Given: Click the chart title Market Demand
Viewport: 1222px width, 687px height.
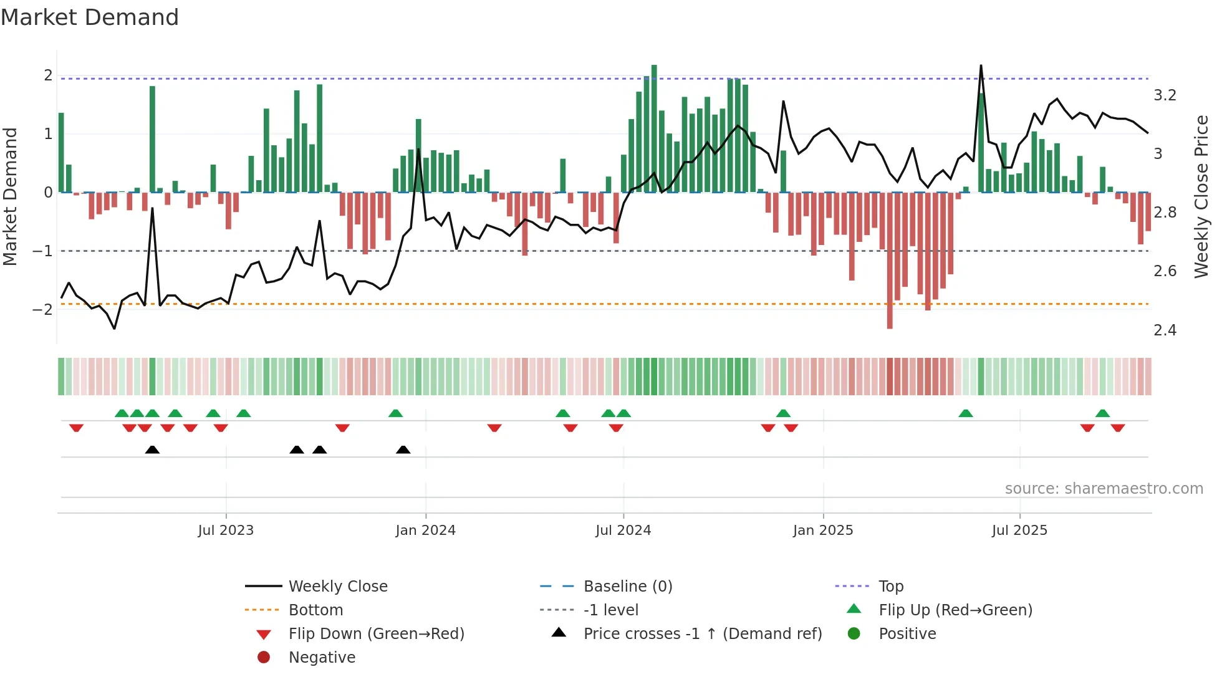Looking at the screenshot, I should (x=90, y=17).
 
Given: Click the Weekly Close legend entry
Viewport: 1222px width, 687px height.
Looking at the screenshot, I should (x=337, y=586).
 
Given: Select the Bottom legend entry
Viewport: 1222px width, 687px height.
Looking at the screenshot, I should (x=315, y=610).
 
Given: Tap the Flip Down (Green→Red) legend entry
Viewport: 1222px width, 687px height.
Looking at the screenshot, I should (x=376, y=633).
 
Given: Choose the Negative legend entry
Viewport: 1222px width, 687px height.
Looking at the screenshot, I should (x=322, y=657).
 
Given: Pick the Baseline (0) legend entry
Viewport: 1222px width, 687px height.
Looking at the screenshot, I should (x=627, y=586).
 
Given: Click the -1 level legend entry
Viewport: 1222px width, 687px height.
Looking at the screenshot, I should (x=610, y=610).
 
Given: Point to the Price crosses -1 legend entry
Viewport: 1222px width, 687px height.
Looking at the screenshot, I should (x=702, y=633).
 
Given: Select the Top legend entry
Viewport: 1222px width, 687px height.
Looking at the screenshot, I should (x=890, y=586).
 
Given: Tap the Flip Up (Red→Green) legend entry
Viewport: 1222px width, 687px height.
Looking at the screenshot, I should (x=955, y=610).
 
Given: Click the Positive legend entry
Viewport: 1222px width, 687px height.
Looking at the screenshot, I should (x=907, y=633).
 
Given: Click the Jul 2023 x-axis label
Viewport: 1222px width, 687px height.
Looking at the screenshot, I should (x=226, y=530).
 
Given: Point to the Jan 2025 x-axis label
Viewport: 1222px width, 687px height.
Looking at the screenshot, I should (x=822, y=530).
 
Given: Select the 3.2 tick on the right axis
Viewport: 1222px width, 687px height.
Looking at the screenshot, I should (x=1164, y=95).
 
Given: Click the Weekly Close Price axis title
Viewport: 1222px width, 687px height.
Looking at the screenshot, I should (x=1201, y=196).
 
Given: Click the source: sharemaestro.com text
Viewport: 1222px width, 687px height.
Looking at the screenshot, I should (x=1104, y=488).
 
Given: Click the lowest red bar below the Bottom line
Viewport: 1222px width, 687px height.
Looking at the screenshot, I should (x=890, y=262).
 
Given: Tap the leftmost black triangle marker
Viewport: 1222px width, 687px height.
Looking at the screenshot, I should (x=152, y=449).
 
